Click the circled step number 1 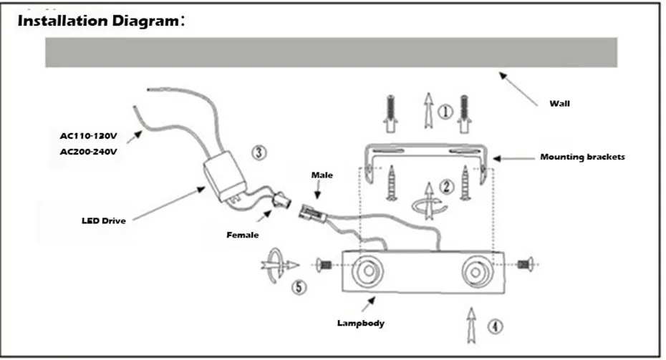point(445,112)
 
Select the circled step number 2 point(446,186)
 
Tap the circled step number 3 point(259,152)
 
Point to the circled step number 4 point(495,326)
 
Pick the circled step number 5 point(299,287)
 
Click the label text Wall point(559,104)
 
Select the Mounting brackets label point(582,157)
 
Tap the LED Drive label point(104,220)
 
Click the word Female point(243,235)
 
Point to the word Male point(322,175)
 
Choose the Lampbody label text point(361,323)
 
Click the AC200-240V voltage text point(88,152)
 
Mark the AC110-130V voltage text point(88,136)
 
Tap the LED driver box point(225,176)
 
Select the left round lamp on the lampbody point(367,271)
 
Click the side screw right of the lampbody point(526,265)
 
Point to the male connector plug point(313,213)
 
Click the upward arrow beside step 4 point(471,325)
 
